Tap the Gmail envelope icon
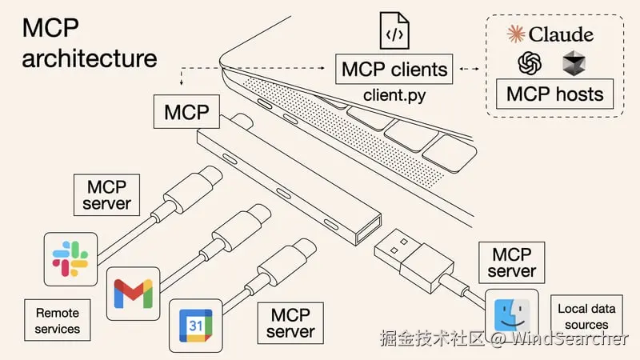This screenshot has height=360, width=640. tap(133, 293)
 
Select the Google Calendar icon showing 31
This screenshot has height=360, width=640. tap(196, 326)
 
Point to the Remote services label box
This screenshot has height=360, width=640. tap(57, 318)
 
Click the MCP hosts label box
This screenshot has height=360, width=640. tap(555, 94)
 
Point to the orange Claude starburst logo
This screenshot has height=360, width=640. tap(515, 33)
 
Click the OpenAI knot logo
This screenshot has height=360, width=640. tap(530, 62)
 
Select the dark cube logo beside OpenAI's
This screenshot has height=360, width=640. tap(574, 62)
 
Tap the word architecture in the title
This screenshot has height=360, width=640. tap(90, 58)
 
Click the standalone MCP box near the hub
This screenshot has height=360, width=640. tap(186, 112)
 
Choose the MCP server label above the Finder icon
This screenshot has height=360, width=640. tap(512, 262)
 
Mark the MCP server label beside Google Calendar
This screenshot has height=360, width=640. tap(290, 321)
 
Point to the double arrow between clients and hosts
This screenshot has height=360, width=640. tap(470, 69)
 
